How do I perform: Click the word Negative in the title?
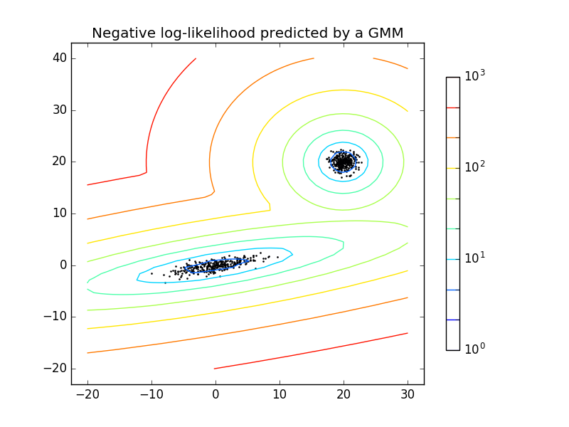[x=120, y=33]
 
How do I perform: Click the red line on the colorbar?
[x=452, y=107]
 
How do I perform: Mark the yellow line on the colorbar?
[x=452, y=168]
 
